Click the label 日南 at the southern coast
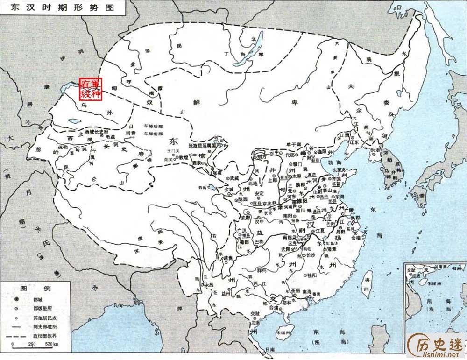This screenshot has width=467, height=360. [x=269, y=349]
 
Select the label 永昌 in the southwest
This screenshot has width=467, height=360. [x=208, y=284]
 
